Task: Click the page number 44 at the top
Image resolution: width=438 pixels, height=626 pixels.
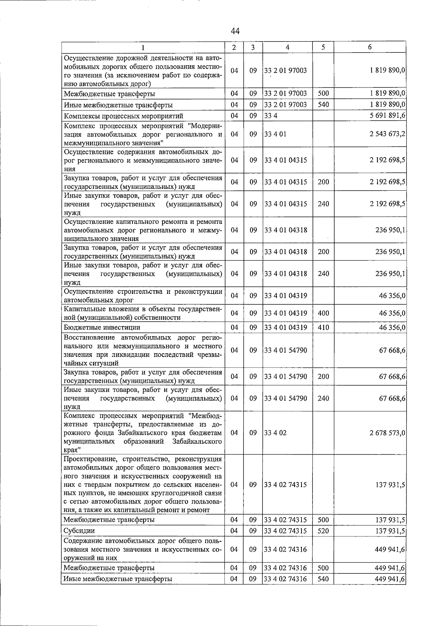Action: coord(235,31)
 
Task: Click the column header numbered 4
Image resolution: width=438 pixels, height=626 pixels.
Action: coord(287,47)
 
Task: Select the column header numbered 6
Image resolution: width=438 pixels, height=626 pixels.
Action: coord(370,47)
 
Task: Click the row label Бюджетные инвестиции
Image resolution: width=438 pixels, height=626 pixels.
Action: coord(102,327)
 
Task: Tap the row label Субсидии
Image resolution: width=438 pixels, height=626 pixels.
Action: coord(79,530)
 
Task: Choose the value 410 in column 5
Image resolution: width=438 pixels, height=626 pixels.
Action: coord(323,327)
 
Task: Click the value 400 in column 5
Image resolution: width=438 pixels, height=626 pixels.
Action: coord(323,313)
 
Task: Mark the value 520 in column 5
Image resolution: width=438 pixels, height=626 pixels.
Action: coord(323,530)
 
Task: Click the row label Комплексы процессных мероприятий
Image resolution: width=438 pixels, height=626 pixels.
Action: coord(123,116)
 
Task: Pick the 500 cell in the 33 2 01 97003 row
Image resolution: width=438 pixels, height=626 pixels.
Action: coord(323,94)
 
